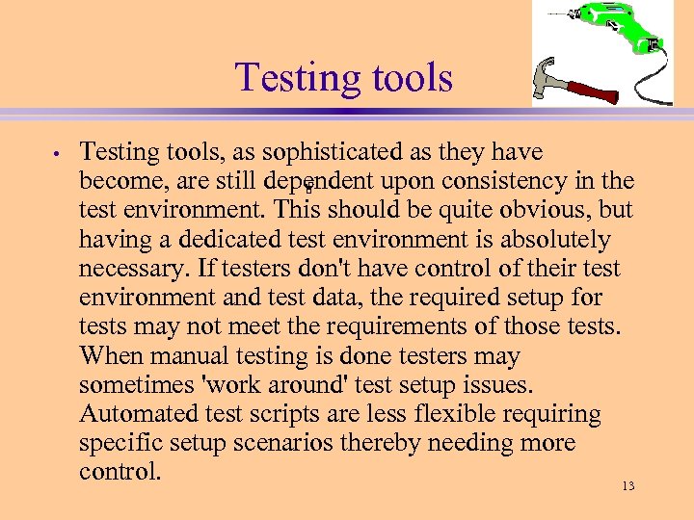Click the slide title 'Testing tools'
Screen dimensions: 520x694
click(344, 77)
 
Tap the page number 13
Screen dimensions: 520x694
click(627, 486)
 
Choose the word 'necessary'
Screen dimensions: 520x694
click(130, 269)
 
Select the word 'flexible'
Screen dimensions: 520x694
click(451, 414)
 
